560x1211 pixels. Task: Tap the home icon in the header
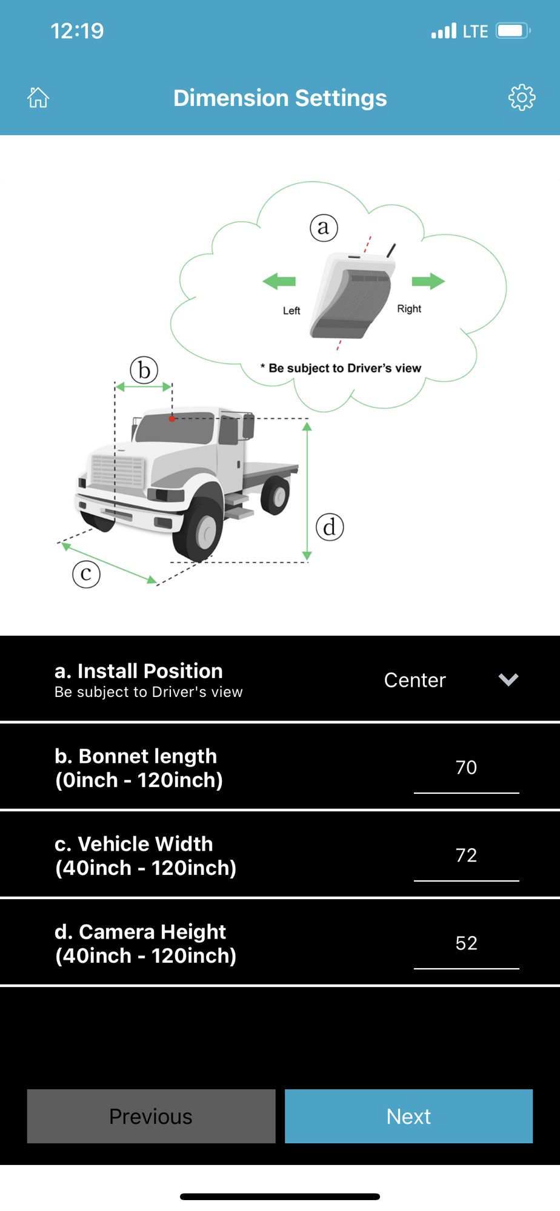tap(38, 97)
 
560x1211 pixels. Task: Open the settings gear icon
tap(522, 97)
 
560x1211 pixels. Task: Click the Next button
tap(408, 1116)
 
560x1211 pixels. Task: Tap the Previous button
tap(151, 1116)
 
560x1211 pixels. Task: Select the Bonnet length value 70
tap(466, 767)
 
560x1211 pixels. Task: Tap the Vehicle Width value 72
tap(466, 855)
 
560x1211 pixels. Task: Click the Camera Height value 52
tap(466, 943)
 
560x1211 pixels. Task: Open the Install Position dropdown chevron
tap(508, 679)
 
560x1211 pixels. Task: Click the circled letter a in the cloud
tap(324, 228)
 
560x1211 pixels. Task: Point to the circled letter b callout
tap(144, 369)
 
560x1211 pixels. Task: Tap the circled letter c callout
tap(86, 573)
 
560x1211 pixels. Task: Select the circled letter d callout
tap(330, 527)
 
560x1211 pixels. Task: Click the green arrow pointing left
tap(279, 281)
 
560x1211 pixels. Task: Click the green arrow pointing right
tap(428, 281)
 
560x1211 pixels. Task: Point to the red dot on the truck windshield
tap(172, 418)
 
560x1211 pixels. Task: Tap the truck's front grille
tap(118, 471)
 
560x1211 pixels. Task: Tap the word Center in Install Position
tap(415, 680)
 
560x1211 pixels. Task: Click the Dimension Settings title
tap(280, 98)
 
